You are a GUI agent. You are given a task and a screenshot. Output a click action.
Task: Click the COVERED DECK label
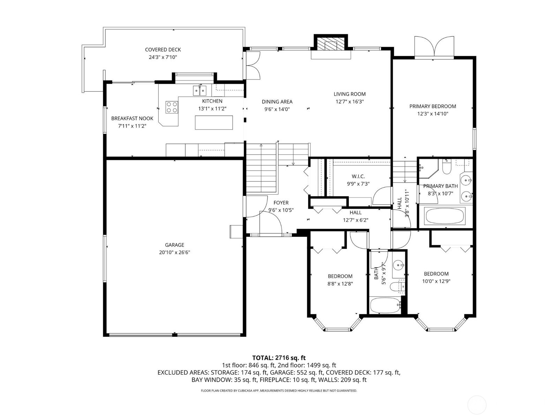click(163, 50)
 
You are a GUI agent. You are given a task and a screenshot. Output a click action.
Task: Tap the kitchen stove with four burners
click(171, 107)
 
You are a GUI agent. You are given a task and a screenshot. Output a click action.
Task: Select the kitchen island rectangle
click(213, 122)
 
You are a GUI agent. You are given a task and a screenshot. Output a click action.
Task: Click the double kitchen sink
click(199, 90)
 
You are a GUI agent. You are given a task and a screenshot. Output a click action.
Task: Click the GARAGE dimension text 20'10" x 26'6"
click(174, 252)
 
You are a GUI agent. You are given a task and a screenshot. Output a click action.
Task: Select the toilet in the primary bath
click(446, 167)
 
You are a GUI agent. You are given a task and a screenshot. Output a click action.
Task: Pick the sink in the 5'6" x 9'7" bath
click(398, 266)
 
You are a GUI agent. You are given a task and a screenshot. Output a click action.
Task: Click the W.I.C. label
click(358, 176)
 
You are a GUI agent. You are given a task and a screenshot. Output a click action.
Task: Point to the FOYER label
click(281, 203)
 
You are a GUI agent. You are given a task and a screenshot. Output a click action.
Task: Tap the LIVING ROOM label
click(349, 94)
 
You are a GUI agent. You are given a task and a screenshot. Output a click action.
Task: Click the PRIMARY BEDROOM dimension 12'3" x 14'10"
click(433, 114)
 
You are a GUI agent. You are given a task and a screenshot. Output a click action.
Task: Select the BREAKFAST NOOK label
click(132, 118)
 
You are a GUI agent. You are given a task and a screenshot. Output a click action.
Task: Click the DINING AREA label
click(277, 102)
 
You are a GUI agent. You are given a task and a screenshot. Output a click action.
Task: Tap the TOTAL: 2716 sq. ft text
click(279, 358)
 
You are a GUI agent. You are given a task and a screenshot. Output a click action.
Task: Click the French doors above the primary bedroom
click(434, 47)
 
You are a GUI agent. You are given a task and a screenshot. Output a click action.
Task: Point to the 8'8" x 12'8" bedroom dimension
click(340, 284)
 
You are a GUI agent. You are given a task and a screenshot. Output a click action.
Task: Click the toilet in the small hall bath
click(397, 286)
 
